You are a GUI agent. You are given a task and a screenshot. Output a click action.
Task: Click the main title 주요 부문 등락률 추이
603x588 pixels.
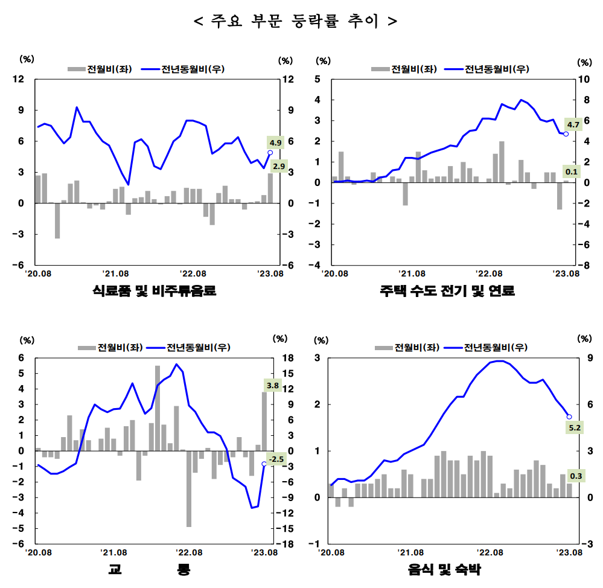click(295, 22)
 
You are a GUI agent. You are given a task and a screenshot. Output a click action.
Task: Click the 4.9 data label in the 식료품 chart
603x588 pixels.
click(275, 143)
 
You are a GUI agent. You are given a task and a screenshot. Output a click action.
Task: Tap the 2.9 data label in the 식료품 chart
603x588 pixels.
click(279, 166)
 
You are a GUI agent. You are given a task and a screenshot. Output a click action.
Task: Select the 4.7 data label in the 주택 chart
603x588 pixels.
click(573, 125)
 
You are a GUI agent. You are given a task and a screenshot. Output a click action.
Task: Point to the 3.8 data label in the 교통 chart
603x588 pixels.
click(272, 385)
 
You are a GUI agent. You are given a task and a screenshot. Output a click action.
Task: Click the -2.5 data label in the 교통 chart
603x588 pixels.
click(275, 459)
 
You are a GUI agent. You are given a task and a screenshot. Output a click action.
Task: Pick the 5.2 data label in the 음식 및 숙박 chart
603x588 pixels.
click(575, 428)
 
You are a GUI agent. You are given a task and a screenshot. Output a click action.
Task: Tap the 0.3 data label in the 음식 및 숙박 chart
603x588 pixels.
click(576, 476)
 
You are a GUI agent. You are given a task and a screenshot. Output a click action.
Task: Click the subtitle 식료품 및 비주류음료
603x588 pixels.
click(154, 292)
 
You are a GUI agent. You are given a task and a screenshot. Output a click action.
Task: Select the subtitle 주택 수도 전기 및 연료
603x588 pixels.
click(447, 292)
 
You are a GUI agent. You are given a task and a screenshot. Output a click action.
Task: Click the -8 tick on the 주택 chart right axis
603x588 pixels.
click(584, 265)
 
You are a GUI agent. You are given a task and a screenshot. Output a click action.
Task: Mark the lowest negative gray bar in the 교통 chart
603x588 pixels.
click(189, 488)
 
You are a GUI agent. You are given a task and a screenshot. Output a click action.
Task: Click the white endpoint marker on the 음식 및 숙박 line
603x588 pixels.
click(569, 417)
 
